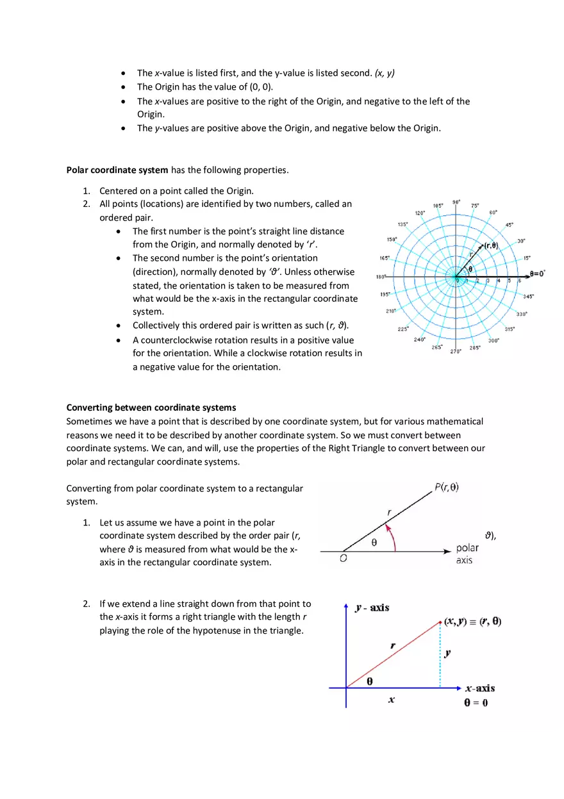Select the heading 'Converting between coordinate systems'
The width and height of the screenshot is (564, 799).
point(151,408)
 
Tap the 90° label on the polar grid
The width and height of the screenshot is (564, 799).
point(456,202)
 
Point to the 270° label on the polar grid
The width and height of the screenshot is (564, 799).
point(456,351)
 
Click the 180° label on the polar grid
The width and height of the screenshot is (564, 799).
point(381,277)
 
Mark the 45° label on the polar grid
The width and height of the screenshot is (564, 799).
point(510,225)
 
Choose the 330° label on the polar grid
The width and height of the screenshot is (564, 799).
point(522,314)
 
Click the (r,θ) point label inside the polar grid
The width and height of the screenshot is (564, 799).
point(491,245)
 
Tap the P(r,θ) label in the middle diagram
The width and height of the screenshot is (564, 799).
point(447,487)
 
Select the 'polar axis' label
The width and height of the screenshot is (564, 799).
point(467,554)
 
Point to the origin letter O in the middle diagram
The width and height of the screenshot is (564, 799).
point(344,559)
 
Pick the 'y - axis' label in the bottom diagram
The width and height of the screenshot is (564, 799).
point(372,607)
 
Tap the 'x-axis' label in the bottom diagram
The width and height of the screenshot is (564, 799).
point(479,688)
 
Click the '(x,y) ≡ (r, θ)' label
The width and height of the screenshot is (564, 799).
point(473,622)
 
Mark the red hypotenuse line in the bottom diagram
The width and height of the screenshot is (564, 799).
point(392,655)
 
